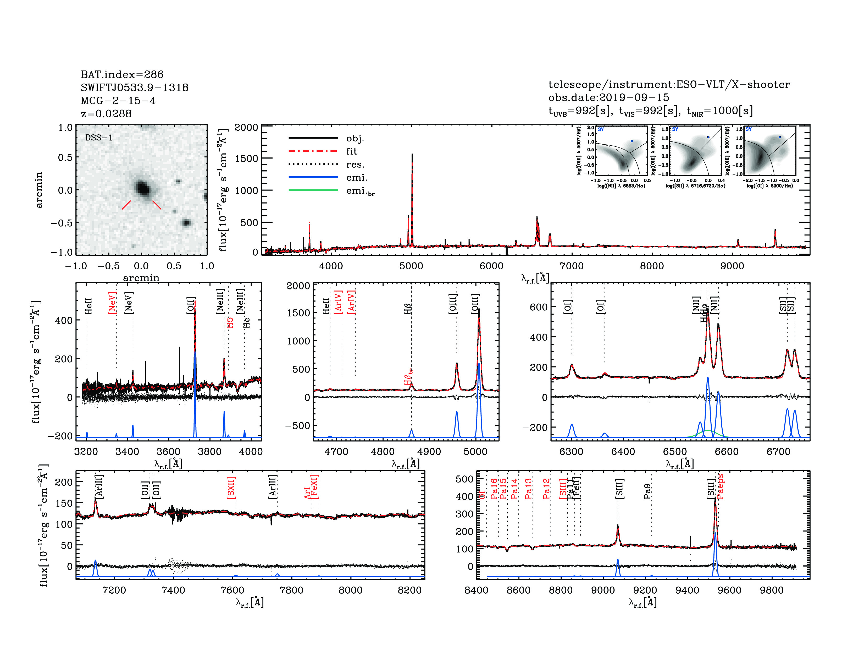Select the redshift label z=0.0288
click(106, 114)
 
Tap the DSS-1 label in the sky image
click(99, 138)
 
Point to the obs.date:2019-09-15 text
click(608, 97)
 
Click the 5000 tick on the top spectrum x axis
click(411, 266)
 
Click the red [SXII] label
click(231, 487)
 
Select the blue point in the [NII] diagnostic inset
click(632, 141)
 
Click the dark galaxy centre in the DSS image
click(143, 188)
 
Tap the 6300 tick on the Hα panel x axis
click(571, 452)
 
